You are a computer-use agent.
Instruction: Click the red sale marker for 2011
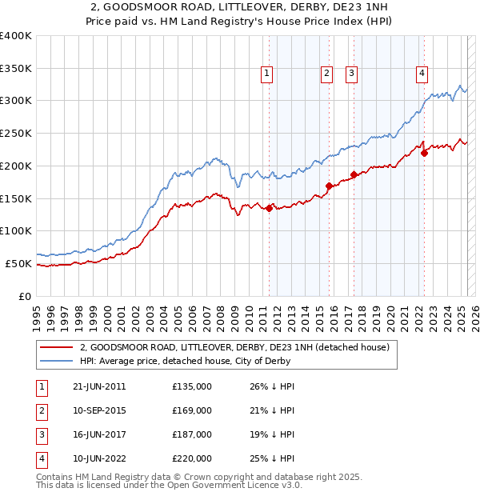269,208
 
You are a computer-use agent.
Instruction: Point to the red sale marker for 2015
329,186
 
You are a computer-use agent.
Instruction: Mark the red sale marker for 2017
354,174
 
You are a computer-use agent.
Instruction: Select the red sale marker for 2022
424,153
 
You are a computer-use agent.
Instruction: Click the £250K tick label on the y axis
16,134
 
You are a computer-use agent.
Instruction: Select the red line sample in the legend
56,348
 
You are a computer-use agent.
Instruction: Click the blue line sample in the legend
56,361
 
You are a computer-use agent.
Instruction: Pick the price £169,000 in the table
192,410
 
